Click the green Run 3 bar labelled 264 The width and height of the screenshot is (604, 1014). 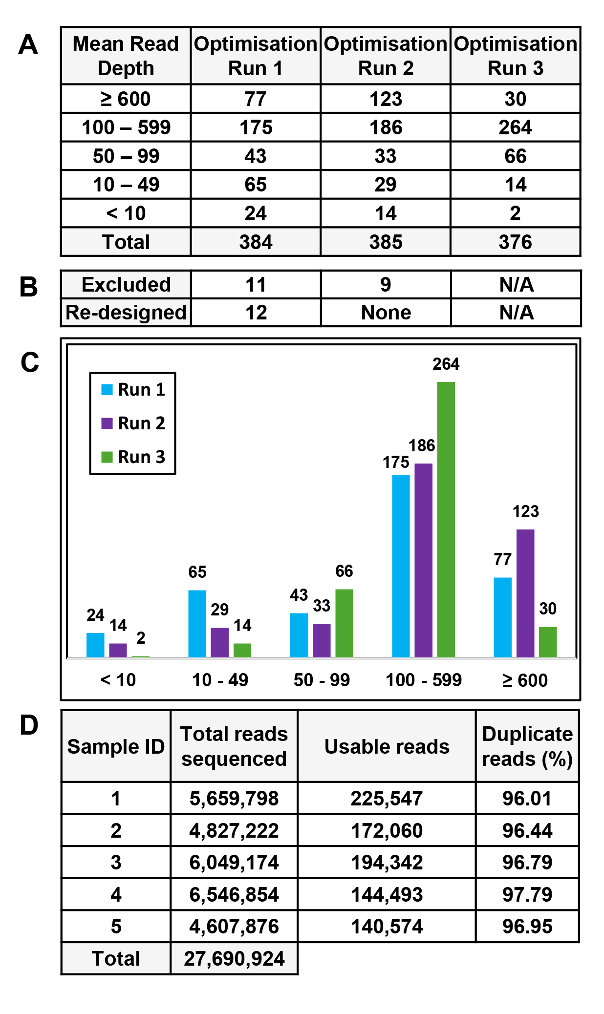point(446,519)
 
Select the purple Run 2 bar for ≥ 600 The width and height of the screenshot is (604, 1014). point(525,593)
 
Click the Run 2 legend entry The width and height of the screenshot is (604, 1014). point(133,423)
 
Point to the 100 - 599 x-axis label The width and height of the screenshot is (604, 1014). point(423,680)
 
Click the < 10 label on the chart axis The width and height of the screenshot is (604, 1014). point(118,680)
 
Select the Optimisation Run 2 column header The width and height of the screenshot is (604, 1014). point(386,56)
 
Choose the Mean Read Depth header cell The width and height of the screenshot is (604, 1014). point(126,56)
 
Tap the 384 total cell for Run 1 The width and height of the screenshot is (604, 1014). point(256,242)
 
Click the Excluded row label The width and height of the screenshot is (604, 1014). point(126,285)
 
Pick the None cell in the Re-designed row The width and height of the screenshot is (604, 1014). point(386,313)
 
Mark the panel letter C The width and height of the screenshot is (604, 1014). point(29,362)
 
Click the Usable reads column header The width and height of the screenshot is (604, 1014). point(387,746)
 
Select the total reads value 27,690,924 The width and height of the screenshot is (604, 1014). point(234,958)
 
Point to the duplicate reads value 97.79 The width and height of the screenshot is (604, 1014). point(527,894)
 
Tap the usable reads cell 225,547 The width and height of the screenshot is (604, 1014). point(387,799)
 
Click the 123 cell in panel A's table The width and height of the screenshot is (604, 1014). point(386,99)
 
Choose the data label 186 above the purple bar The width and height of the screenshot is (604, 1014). point(422,445)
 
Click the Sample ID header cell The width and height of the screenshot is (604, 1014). point(116,746)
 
